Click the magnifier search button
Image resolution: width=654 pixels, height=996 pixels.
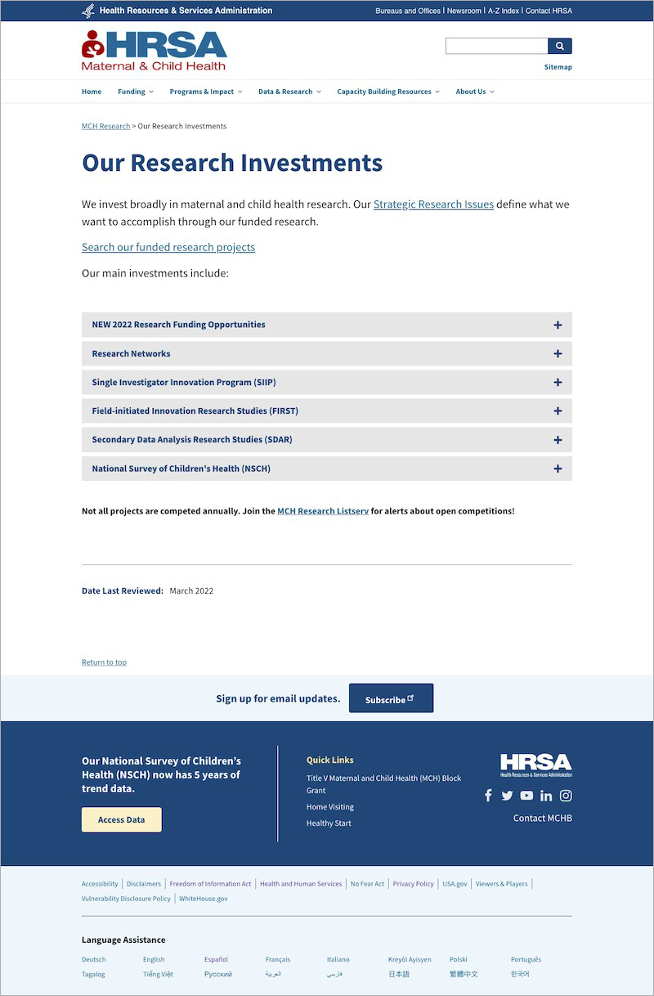pyautogui.click(x=560, y=47)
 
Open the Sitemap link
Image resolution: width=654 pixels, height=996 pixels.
pyautogui.click(x=558, y=67)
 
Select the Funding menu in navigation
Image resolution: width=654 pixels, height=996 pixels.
pyautogui.click(x=135, y=92)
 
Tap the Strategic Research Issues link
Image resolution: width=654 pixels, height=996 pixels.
pyautogui.click(x=433, y=204)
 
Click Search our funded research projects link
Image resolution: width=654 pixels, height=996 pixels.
pyautogui.click(x=168, y=247)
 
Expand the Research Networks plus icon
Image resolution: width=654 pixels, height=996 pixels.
pyautogui.click(x=558, y=354)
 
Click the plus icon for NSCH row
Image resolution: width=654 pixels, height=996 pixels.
pyautogui.click(x=558, y=469)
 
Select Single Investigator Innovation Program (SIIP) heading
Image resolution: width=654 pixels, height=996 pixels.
pyautogui.click(x=184, y=383)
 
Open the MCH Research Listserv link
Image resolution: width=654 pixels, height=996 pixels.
pyautogui.click(x=323, y=511)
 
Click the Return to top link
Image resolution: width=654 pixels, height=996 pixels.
pyautogui.click(x=104, y=662)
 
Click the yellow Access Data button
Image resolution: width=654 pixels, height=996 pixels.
pyautogui.click(x=122, y=819)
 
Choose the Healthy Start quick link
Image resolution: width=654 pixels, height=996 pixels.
pyautogui.click(x=329, y=823)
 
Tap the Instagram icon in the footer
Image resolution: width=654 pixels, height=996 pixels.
pyautogui.click(x=566, y=796)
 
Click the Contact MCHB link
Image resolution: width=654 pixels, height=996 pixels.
pyautogui.click(x=543, y=818)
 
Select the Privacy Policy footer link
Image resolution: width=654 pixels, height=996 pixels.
pyautogui.click(x=413, y=884)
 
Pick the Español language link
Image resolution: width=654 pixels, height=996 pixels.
pyautogui.click(x=216, y=959)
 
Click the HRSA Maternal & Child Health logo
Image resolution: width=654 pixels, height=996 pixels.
pyautogui.click(x=155, y=50)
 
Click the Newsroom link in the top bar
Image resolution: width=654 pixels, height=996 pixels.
pyautogui.click(x=464, y=11)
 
